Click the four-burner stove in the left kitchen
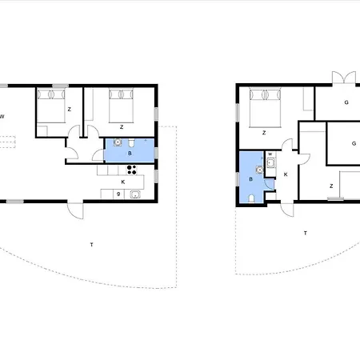131,170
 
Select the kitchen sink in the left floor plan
135,194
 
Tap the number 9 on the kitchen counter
118,194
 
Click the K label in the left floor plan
123,182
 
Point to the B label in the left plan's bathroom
130,154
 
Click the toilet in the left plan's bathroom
131,143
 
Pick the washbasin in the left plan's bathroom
118,142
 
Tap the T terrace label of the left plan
92,245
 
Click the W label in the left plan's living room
2,117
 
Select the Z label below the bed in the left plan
122,127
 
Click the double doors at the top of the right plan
344,78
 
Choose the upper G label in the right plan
346,102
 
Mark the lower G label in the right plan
354,143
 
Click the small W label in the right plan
270,154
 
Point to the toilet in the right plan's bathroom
251,198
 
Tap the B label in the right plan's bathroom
250,179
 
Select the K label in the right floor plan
286,174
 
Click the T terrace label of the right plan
306,233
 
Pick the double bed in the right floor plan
265,108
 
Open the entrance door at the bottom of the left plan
76,210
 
